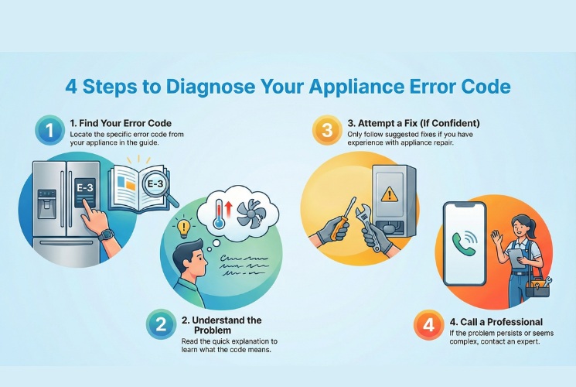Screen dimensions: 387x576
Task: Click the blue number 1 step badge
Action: pyautogui.click(x=50, y=131)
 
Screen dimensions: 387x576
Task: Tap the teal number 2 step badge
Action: pyautogui.click(x=161, y=325)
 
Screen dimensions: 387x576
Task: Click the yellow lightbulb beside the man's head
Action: pyautogui.click(x=184, y=229)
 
